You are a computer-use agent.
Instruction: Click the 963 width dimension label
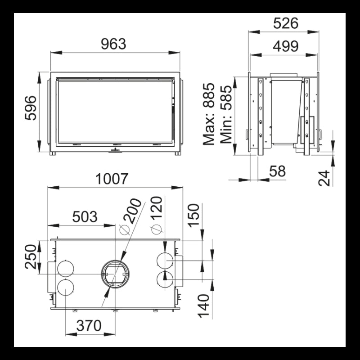(113, 44)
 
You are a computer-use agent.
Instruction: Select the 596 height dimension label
(31, 108)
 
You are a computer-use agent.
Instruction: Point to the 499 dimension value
(285, 46)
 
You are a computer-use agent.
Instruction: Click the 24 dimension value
(324, 178)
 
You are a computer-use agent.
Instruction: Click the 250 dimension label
(31, 256)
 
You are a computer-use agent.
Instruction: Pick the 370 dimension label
(88, 326)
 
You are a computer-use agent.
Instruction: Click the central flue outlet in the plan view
(116, 273)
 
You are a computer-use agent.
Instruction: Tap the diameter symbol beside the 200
(124, 230)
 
